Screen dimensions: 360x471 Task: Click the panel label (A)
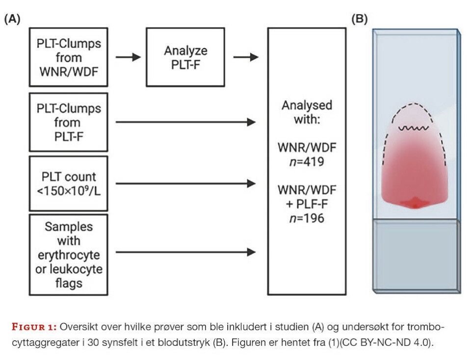[12, 20]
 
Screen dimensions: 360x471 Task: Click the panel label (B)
[359, 20]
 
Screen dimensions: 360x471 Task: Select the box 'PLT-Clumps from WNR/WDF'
[68, 57]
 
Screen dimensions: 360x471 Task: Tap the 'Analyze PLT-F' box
[185, 57]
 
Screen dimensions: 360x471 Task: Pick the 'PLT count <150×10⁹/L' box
[68, 183]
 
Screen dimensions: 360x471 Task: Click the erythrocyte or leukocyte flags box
[68, 255]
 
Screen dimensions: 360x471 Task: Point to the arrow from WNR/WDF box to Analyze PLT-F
[128, 57]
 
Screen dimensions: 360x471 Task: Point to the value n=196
[307, 217]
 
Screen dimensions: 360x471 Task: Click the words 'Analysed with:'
[307, 112]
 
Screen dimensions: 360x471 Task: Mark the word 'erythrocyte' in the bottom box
[68, 255]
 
